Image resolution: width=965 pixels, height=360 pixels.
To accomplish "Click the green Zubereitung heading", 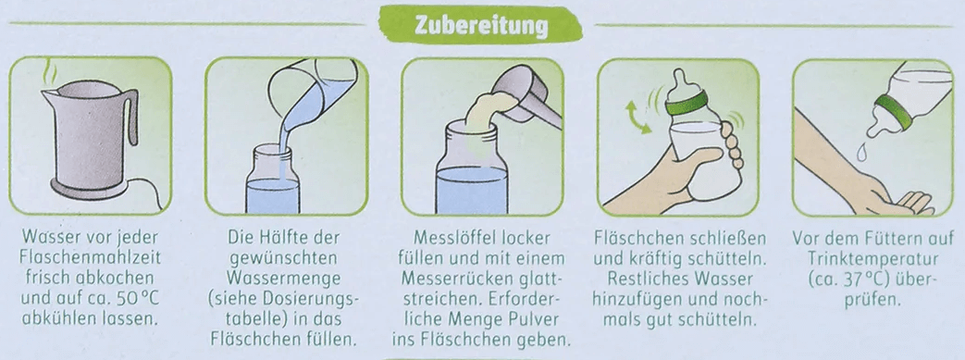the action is (481, 25).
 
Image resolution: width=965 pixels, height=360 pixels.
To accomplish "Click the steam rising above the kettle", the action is (47, 74).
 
